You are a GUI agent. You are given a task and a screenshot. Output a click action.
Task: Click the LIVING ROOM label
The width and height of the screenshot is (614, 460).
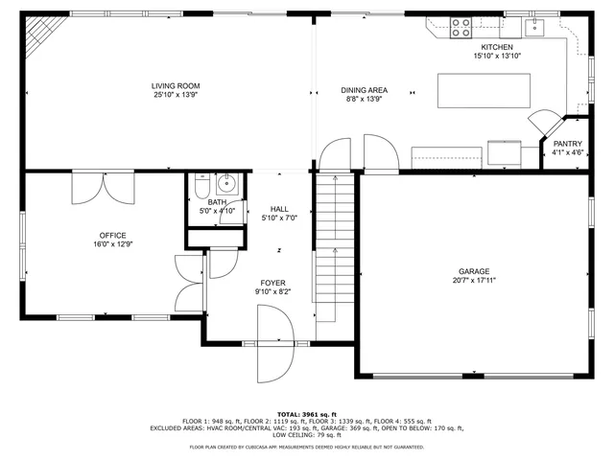tap(181, 86)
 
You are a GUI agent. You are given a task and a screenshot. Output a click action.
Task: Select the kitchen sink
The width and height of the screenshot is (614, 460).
tap(539, 26)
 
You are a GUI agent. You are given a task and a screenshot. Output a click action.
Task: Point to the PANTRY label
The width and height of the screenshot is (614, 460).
tap(567, 144)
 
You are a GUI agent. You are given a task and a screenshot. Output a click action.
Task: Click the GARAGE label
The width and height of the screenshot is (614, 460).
tap(473, 271)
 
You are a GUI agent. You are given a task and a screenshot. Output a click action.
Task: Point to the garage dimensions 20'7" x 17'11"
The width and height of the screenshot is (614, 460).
tap(473, 281)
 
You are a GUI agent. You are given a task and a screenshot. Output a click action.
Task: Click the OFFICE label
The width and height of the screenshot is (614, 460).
tap(112, 235)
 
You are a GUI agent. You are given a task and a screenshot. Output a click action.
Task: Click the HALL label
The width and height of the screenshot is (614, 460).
tap(279, 209)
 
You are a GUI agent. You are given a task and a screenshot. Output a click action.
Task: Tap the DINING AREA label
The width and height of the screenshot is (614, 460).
tap(364, 89)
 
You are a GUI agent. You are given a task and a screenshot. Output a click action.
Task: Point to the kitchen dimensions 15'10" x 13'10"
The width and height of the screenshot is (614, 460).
tap(496, 57)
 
